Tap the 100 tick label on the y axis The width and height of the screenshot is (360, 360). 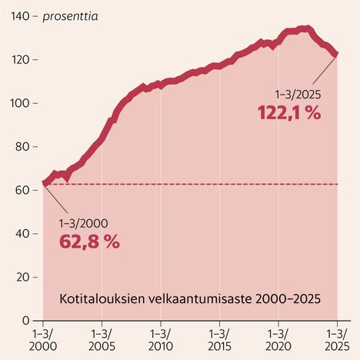point(15,103)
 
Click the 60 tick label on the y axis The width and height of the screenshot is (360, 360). point(18,190)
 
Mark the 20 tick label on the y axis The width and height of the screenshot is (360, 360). point(18,277)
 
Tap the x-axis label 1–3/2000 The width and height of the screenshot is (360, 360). point(43,340)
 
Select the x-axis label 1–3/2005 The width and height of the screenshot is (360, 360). point(102,340)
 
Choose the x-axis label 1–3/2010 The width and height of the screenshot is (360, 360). point(161,340)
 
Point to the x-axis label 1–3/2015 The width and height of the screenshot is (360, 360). point(219,340)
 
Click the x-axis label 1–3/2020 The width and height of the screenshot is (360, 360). point(278,340)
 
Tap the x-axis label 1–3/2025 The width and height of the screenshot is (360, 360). point(337,340)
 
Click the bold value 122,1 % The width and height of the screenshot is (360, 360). point(288,112)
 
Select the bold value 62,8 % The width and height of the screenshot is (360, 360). point(89,242)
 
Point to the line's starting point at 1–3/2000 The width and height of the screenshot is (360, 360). point(44,185)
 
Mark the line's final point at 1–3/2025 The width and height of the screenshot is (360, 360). point(336,53)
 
